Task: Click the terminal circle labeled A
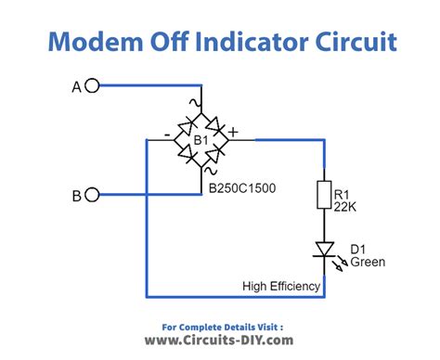tap(91, 86)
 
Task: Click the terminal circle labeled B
tap(91, 195)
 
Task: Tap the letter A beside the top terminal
tap(77, 86)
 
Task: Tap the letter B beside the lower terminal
tap(77, 195)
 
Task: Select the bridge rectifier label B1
tap(201, 139)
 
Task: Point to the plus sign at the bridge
tap(233, 133)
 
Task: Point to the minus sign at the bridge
tap(166, 135)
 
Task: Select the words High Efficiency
tap(281, 286)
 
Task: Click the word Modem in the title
tap(89, 41)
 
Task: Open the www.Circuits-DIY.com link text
tap(220, 341)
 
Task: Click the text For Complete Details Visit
tap(220, 327)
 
